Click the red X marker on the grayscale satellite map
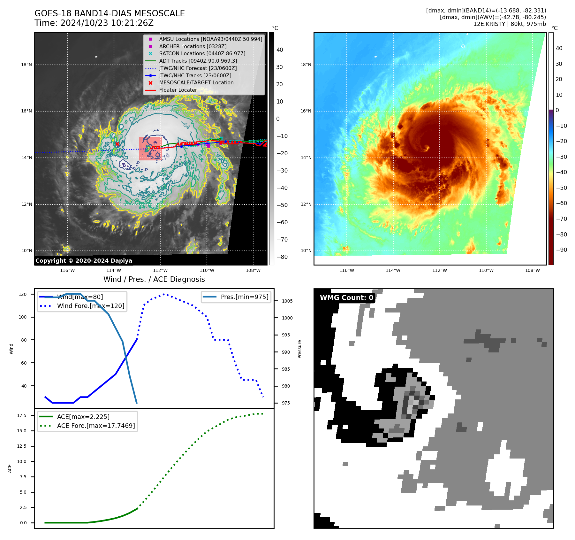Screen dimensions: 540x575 pyautogui.click(x=117, y=144)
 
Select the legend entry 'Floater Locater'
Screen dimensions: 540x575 pyautogui.click(x=178, y=90)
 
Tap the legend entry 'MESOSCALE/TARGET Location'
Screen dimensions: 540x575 pyautogui.click(x=196, y=83)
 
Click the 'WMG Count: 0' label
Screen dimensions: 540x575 pyautogui.click(x=346, y=298)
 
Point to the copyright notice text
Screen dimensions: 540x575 pyautogui.click(x=84, y=261)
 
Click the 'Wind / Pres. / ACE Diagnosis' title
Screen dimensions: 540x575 pyautogui.click(x=154, y=280)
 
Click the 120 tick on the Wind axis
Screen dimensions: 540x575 pyautogui.click(x=23, y=294)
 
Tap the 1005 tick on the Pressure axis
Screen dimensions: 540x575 pyautogui.click(x=287, y=301)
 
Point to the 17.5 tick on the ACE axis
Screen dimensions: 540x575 pyautogui.click(x=22, y=416)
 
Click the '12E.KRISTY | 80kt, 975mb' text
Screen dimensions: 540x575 pyautogui.click(x=510, y=24)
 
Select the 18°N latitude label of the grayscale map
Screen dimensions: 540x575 pyautogui.click(x=26, y=65)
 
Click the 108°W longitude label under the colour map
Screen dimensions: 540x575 pyautogui.click(x=532, y=271)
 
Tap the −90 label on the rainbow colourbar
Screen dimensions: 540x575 pyautogui.click(x=561, y=250)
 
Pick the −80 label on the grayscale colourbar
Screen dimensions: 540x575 pyautogui.click(x=282, y=257)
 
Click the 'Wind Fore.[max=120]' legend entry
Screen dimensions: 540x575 pyautogui.click(x=90, y=306)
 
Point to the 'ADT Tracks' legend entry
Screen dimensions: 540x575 pyautogui.click(x=198, y=61)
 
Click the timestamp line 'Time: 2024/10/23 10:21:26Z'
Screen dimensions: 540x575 pyautogui.click(x=94, y=23)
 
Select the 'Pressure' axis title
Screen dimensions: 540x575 pyautogui.click(x=299, y=349)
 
